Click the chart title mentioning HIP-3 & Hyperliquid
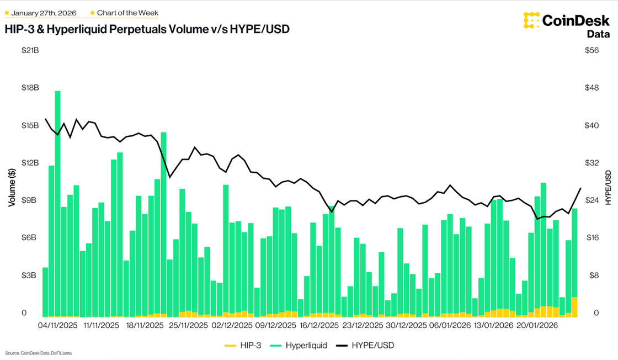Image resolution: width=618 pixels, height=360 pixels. [x=147, y=29]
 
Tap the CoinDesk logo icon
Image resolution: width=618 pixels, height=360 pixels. [x=531, y=20]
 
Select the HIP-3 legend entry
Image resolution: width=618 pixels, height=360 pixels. [x=239, y=346]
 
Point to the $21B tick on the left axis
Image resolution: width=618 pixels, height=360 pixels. [x=30, y=51]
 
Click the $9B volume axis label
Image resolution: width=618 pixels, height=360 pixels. [x=31, y=200]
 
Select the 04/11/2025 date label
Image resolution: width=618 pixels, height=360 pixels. [x=57, y=326]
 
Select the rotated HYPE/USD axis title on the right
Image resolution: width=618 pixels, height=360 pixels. [x=609, y=188]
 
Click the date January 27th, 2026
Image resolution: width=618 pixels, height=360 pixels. [x=44, y=12]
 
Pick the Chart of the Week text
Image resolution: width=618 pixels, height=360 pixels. [x=127, y=12]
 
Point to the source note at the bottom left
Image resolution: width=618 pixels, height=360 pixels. [x=39, y=352]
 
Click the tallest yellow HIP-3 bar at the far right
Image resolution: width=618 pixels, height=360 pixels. [x=574, y=307]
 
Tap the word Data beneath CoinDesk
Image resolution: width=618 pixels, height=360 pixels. [x=598, y=34]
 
